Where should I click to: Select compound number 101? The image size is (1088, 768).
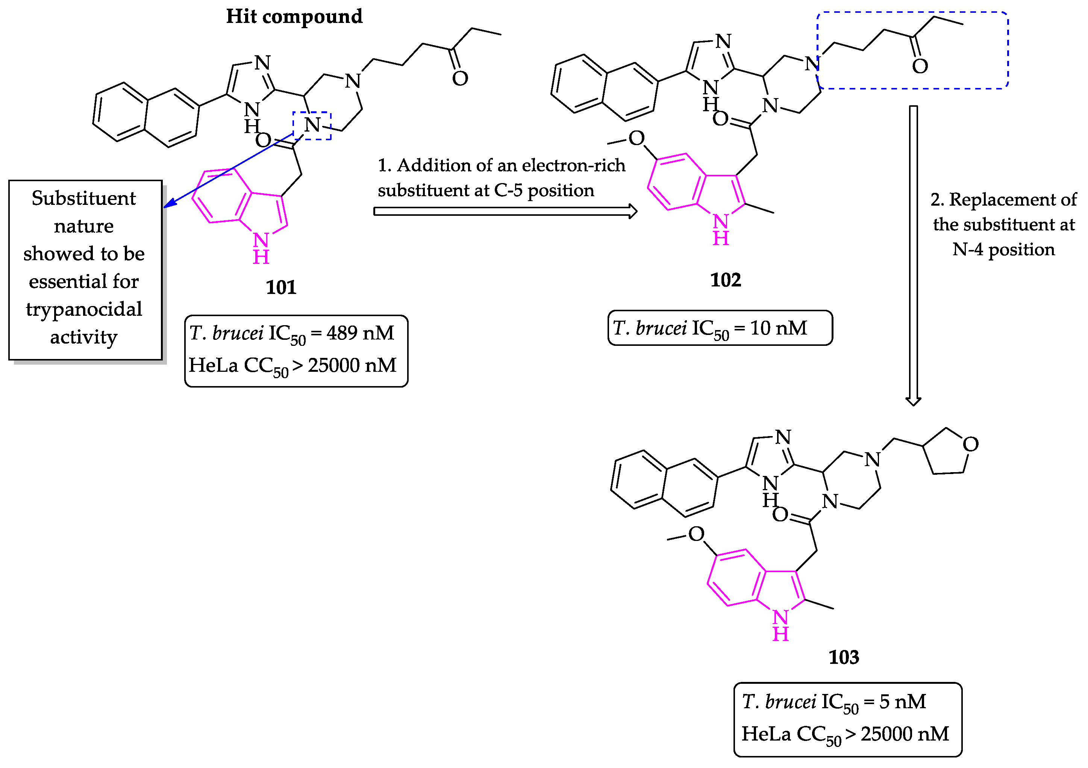pyautogui.click(x=280, y=288)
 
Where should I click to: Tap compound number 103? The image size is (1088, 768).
pyautogui.click(x=844, y=657)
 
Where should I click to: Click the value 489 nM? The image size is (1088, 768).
pyautogui.click(x=360, y=333)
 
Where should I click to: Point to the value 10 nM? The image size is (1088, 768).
pyautogui.click(x=778, y=328)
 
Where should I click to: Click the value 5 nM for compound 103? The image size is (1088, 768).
pyautogui.click(x=902, y=702)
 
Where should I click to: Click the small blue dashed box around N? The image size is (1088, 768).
pyautogui.click(x=312, y=126)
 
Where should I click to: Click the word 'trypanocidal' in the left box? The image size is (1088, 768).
pyautogui.click(x=84, y=309)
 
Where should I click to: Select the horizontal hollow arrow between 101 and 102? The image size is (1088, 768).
pyautogui.click(x=505, y=211)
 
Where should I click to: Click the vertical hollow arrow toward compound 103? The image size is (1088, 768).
pyautogui.click(x=913, y=256)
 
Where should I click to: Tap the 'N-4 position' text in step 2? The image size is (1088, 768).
pyautogui.click(x=1003, y=250)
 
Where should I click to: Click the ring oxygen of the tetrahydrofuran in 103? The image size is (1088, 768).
pyautogui.click(x=970, y=444)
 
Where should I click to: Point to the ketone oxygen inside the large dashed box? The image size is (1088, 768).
pyautogui.click(x=920, y=66)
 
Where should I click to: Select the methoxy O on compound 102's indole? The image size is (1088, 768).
pyautogui.click(x=636, y=138)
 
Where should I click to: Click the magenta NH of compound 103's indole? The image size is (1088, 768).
pyautogui.click(x=780, y=626)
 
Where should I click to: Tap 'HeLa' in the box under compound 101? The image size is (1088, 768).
pyautogui.click(x=213, y=365)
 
